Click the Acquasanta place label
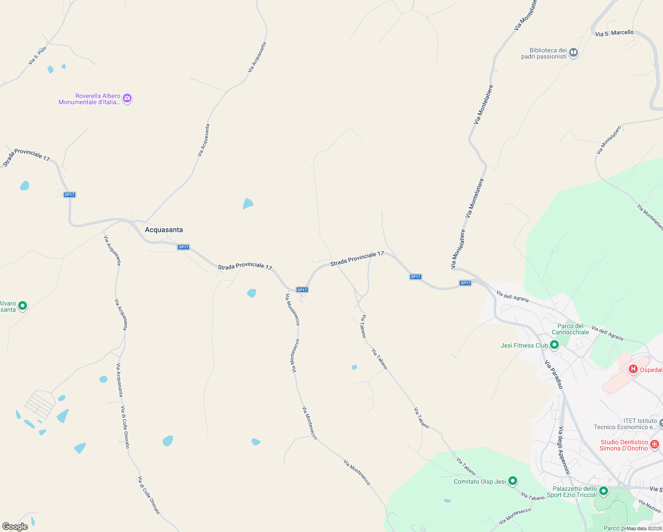click(164, 230)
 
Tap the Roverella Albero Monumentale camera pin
click(127, 98)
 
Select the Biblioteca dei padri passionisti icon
click(573, 53)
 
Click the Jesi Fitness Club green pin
click(554, 345)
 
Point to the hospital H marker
click(633, 369)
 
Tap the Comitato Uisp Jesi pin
click(512, 481)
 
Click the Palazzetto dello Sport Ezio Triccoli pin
click(603, 491)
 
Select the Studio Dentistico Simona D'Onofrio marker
click(655, 444)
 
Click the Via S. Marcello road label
click(614, 33)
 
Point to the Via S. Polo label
click(37, 56)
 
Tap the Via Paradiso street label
click(554, 375)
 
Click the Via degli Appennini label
click(563, 450)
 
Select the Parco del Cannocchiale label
click(570, 329)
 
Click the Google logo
click(15, 526)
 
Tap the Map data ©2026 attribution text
click(644, 528)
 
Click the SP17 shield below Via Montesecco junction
click(302, 290)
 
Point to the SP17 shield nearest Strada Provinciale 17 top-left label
click(70, 195)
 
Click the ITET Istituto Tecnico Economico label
click(625, 424)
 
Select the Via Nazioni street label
click(650, 506)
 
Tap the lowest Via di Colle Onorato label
click(149, 495)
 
